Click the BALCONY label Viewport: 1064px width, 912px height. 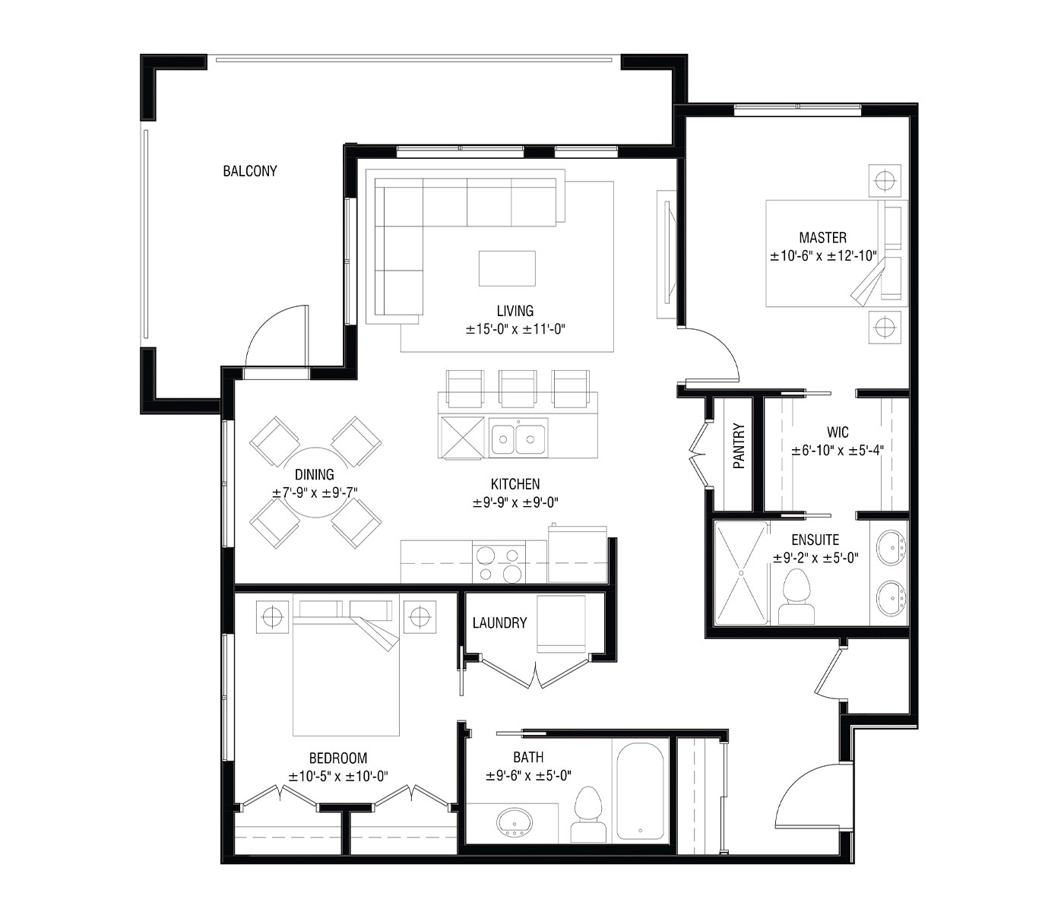click(x=249, y=171)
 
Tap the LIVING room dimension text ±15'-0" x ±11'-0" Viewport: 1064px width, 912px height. click(x=517, y=329)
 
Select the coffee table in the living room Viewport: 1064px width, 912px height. click(x=507, y=268)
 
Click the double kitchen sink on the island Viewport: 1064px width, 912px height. click(x=518, y=439)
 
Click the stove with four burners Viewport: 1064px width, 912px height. click(x=499, y=562)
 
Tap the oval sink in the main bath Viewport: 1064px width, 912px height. click(x=517, y=822)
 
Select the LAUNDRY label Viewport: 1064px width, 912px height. click(x=499, y=623)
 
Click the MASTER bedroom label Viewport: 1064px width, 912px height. click(x=822, y=238)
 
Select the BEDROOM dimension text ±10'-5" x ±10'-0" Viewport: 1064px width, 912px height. click(x=338, y=777)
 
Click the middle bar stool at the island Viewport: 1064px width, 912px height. click(x=518, y=388)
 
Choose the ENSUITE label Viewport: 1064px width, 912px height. click(x=815, y=540)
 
